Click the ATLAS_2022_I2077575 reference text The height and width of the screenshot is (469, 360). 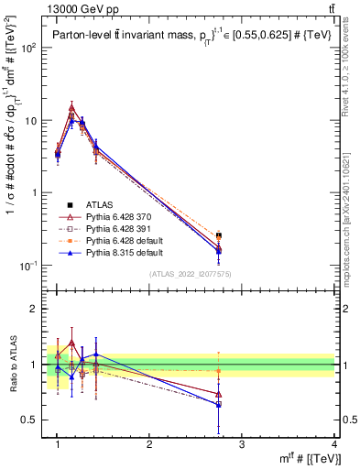[x=190, y=274]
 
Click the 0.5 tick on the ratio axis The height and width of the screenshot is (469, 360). [x=35, y=420]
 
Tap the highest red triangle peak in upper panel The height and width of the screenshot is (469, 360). [x=71, y=107]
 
